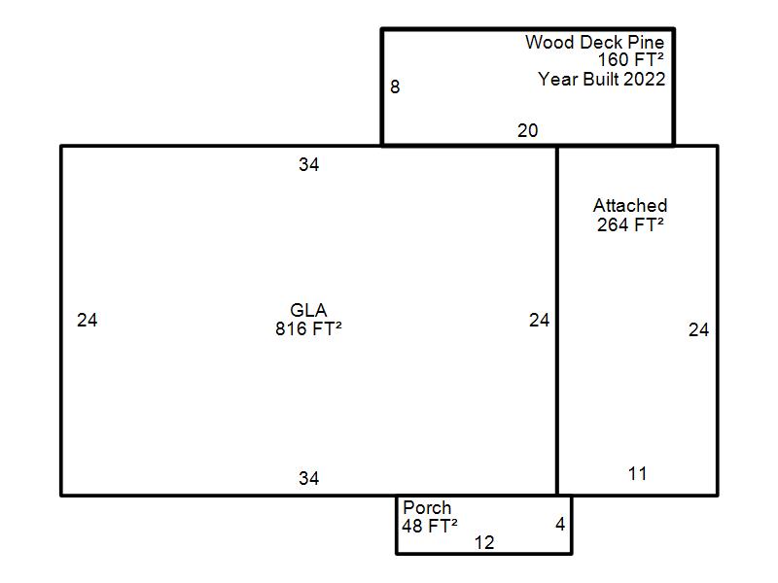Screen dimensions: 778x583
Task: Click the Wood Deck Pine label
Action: coord(594,42)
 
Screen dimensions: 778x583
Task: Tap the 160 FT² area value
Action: coord(630,60)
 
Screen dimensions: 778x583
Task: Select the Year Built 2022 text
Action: coord(601,80)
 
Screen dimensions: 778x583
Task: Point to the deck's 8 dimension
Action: coord(395,87)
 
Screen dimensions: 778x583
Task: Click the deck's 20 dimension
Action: coord(527,131)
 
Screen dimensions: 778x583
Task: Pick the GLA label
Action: coord(308,310)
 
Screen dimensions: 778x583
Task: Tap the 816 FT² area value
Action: coord(308,328)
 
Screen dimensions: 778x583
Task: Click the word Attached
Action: coord(630,206)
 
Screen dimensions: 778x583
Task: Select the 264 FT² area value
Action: coord(630,225)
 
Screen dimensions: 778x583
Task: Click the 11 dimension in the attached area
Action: coord(638,474)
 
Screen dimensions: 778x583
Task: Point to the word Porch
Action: coord(427,507)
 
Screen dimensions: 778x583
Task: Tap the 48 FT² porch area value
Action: coord(430,526)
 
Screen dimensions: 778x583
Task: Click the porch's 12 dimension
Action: coord(484,543)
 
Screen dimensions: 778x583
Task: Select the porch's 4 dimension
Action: coord(561,525)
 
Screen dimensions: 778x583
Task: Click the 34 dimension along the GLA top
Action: coord(308,164)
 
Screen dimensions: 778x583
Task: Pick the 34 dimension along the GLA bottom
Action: coord(308,478)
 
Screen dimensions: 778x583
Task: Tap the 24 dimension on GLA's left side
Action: coord(88,321)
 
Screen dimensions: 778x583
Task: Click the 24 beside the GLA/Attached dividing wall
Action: coord(540,321)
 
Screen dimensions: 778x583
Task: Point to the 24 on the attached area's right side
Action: coord(698,330)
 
